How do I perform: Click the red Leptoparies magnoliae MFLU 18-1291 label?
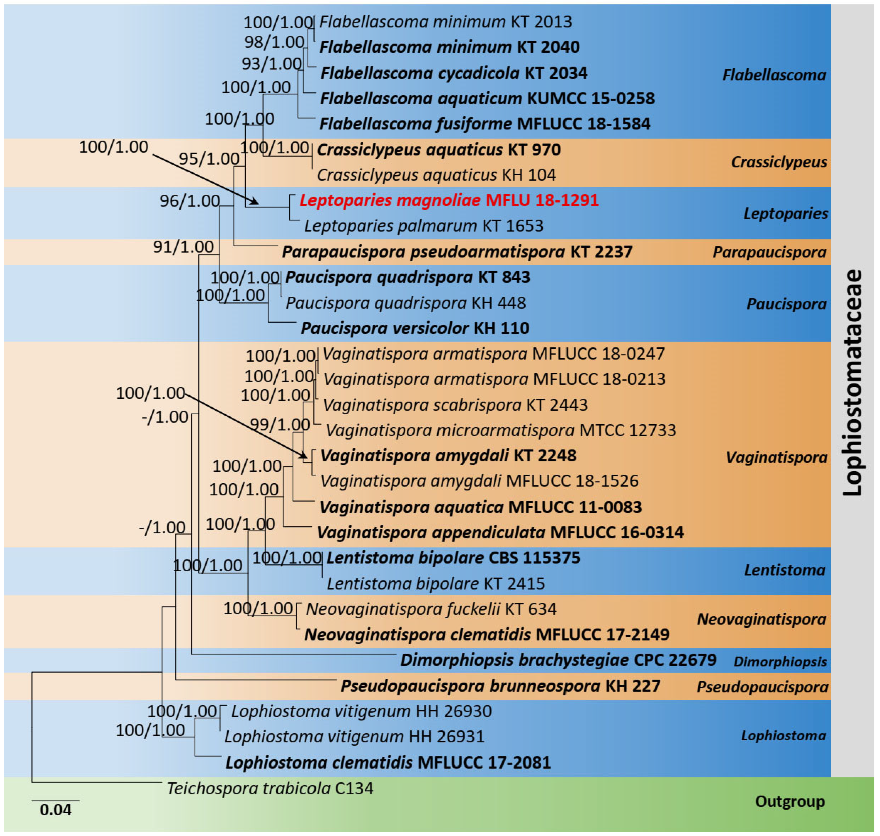click(449, 200)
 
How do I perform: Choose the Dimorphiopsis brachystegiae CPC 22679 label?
click(558, 660)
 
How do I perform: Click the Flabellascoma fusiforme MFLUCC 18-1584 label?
click(485, 123)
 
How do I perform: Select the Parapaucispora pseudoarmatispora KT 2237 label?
click(457, 252)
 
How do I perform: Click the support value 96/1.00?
click(190, 201)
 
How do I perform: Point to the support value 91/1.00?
click(183, 247)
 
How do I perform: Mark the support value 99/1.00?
click(279, 425)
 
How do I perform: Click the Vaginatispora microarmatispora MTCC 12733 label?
click(501, 430)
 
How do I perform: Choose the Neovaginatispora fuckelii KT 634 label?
click(431, 609)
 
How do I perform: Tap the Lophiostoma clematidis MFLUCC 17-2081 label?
click(388, 762)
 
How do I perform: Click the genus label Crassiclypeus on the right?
click(778, 162)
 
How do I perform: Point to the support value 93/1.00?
click(271, 64)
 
